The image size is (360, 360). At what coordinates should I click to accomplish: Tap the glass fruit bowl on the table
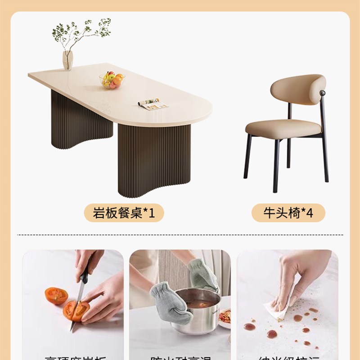112,81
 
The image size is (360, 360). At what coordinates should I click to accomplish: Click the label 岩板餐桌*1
124,212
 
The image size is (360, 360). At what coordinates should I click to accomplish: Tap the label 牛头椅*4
288,212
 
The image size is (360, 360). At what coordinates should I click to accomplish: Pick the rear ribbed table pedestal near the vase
81,119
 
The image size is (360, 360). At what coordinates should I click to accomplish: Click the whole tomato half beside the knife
56,296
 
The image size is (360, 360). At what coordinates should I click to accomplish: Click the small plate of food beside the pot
224,318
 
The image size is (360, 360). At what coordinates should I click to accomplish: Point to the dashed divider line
180,235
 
